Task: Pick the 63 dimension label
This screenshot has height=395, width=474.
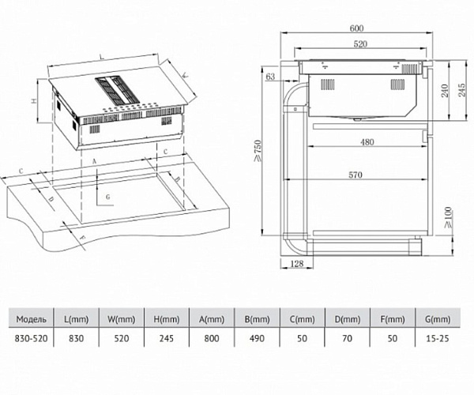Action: (x=272, y=77)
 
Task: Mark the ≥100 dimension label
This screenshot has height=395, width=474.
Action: (x=446, y=214)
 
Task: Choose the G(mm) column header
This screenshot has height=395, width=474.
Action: (x=435, y=319)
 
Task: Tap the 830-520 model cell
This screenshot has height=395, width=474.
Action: (x=32, y=337)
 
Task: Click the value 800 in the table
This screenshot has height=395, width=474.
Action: (x=212, y=337)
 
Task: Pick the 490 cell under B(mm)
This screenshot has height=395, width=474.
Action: (x=258, y=337)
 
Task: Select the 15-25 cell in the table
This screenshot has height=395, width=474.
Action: (x=435, y=337)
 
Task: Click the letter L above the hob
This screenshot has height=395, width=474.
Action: (x=102, y=57)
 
